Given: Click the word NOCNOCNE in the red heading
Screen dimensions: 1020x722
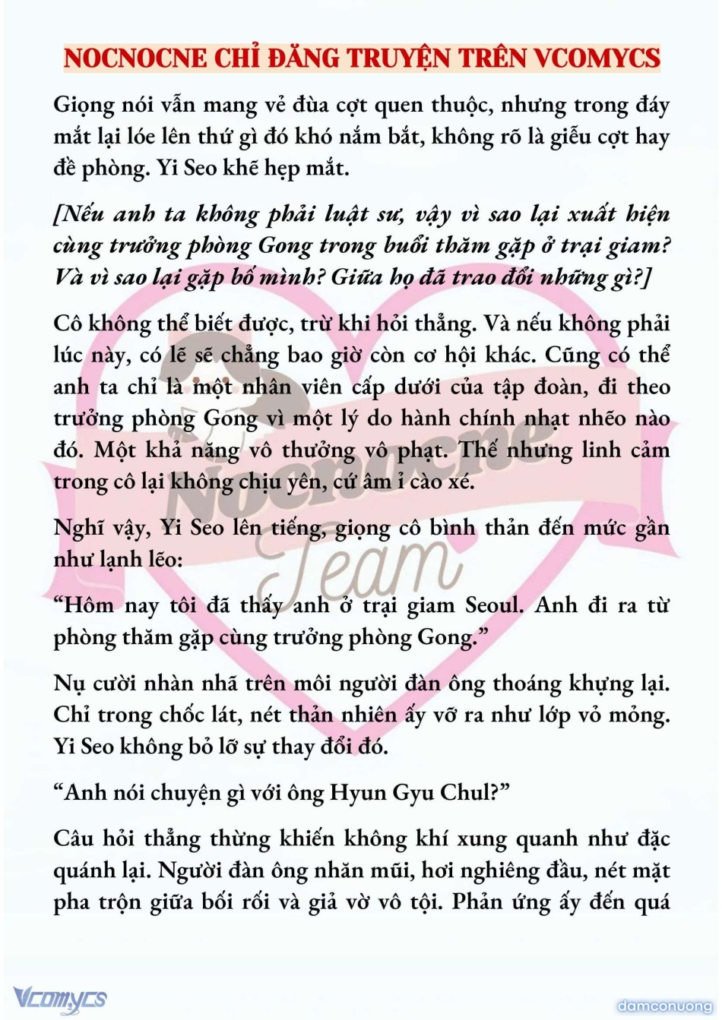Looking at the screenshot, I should (x=135, y=58).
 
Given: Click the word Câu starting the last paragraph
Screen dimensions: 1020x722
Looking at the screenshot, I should (x=76, y=838).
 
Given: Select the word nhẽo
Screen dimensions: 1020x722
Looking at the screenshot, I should (x=600, y=418).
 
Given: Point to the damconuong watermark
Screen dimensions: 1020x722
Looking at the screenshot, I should (x=664, y=1006).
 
